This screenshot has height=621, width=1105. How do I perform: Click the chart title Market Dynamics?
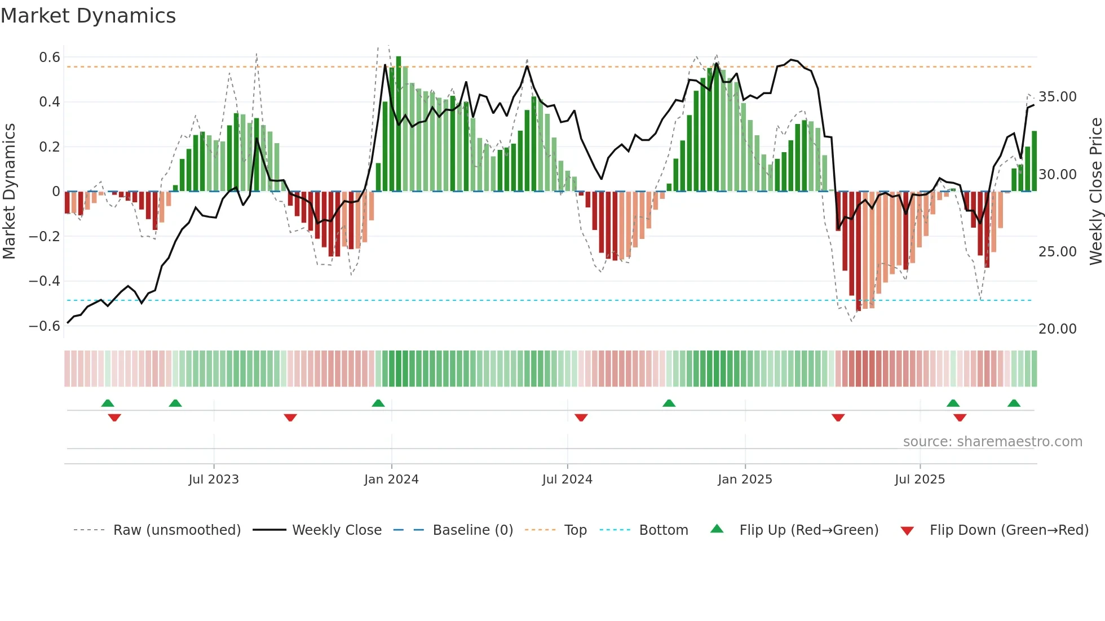(88, 16)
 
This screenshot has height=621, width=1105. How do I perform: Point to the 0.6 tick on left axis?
(50, 57)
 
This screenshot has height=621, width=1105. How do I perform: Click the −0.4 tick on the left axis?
(45, 281)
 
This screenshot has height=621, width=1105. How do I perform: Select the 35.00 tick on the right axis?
(1057, 97)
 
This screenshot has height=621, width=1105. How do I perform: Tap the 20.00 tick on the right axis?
(1057, 329)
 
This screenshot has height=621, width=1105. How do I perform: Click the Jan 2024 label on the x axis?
(391, 480)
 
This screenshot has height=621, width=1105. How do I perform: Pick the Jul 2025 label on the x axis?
(920, 480)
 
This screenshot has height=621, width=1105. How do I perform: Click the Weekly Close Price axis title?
(1095, 191)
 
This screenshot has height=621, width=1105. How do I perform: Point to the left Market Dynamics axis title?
(9, 191)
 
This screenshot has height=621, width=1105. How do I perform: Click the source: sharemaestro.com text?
(992, 442)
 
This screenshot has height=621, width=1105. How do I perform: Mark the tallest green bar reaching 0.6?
(399, 124)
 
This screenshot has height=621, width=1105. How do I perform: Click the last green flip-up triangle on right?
(1014, 403)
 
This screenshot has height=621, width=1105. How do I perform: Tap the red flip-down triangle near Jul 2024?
(581, 418)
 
